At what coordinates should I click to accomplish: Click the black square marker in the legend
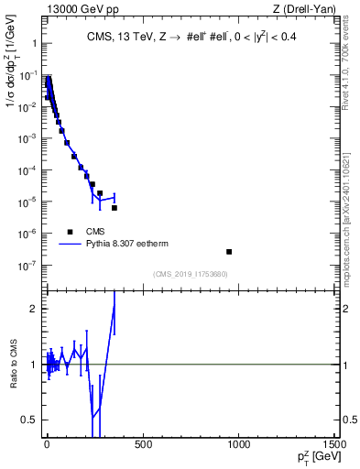(x=69, y=231)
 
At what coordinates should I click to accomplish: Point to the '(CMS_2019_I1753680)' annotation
(x=191, y=274)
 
